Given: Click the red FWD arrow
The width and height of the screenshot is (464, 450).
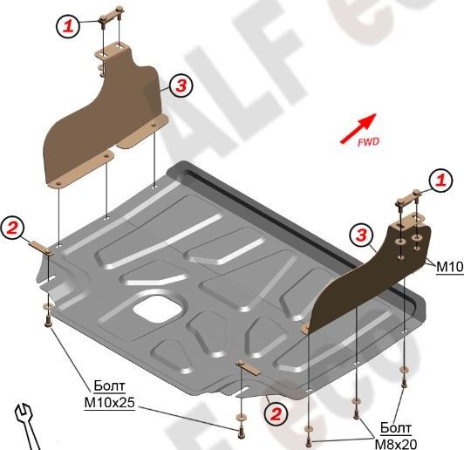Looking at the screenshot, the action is tap(358, 128).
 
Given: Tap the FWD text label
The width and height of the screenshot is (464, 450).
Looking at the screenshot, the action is tap(368, 142).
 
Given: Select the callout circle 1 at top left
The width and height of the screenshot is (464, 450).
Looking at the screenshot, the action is tap(68, 26).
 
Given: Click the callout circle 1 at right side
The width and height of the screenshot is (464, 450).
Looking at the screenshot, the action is tap(441, 181).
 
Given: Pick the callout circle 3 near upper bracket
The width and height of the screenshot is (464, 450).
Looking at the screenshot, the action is tap(181, 85).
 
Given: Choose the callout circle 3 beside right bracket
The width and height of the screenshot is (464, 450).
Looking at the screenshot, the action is tap(361, 235).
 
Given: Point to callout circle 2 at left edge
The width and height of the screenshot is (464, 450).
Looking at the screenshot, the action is tap(12, 228).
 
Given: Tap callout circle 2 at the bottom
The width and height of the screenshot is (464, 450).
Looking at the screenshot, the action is tap(276, 414).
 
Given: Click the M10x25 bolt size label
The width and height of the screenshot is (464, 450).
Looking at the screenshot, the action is tap(110, 402).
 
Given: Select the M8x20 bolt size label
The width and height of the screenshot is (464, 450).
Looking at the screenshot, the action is tap(396, 444).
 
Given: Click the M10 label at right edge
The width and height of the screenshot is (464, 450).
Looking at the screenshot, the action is tap(450, 267).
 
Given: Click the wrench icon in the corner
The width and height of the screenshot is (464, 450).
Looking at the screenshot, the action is tap(27, 427).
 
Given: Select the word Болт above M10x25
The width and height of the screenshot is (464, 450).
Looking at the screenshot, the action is tap(110, 385).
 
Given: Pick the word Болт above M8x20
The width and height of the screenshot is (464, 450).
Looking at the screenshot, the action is tap(396, 428).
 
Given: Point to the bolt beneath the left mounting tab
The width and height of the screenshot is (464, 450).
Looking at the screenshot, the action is tap(47, 321).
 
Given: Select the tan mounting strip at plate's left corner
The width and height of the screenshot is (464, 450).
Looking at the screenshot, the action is tap(41, 247).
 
